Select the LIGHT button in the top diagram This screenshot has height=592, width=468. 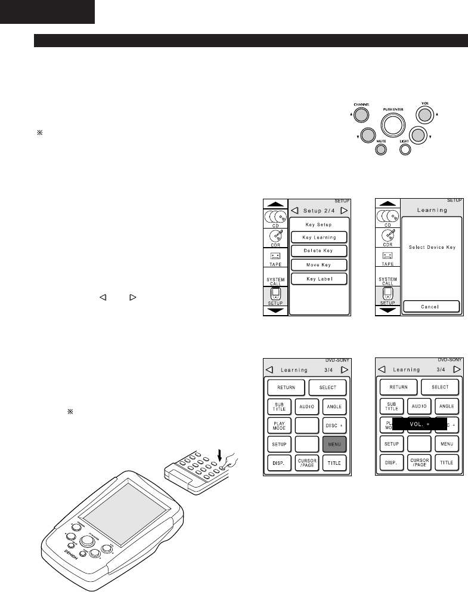405,149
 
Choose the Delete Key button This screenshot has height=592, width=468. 319,251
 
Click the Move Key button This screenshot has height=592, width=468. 319,264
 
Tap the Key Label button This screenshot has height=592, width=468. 319,279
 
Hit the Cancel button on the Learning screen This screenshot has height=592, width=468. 432,306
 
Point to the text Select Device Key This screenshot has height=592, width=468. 432,247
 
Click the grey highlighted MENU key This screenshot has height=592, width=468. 335,445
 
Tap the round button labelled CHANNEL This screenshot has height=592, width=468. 360,115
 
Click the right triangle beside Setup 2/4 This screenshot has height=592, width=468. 344,210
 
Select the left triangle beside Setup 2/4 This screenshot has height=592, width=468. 295,210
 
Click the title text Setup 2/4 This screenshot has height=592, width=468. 319,210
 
